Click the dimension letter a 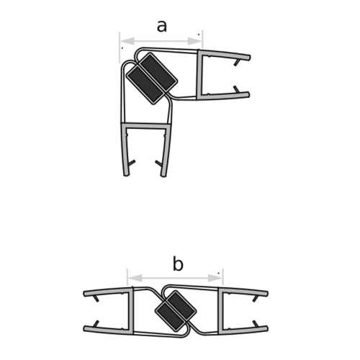(161, 27)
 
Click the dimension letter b (178, 264)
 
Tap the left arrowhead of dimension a (123, 40)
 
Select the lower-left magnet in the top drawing (143, 82)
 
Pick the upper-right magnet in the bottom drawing (183, 306)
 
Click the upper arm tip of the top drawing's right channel (248, 56)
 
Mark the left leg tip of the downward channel (125, 172)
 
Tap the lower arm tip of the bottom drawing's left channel (86, 330)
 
